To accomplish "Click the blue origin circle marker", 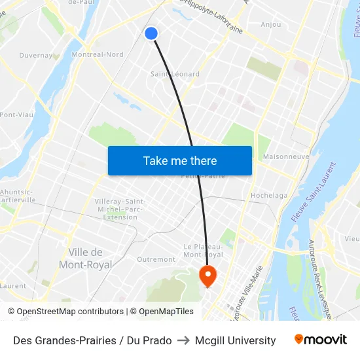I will coord(151,33).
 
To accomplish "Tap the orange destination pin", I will coord(207,276).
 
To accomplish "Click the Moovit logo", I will coord(320,340).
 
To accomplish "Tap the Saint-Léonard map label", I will coord(175,74).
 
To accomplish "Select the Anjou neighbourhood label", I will coord(270,25).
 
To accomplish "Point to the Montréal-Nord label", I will coord(98,55).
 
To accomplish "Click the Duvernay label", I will coord(36,56).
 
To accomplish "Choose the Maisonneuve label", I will coord(285,157).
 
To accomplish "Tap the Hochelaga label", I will coord(268,195).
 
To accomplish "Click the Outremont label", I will coord(156,259).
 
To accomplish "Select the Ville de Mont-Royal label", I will coord(86,259).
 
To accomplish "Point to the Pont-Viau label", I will coord(16,115).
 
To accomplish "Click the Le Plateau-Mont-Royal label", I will coord(203,250).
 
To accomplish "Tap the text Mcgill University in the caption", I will coord(235,340).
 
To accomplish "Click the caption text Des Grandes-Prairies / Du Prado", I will coord(92,340).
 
